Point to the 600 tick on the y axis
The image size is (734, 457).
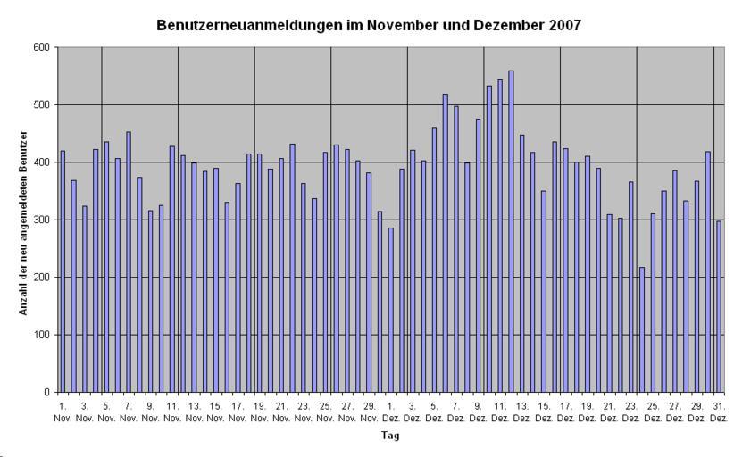pyautogui.click(x=43, y=47)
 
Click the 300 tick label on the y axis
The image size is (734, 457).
pyautogui.click(x=43, y=220)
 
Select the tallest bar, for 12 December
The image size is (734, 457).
pyautogui.click(x=511, y=231)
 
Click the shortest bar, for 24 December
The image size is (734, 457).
pyautogui.click(x=642, y=329)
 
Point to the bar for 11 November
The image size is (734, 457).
pyautogui.click(x=172, y=269)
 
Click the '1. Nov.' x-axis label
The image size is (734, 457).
pyautogui.click(x=63, y=411)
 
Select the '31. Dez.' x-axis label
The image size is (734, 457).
pyautogui.click(x=718, y=411)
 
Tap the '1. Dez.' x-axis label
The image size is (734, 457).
pyautogui.click(x=390, y=411)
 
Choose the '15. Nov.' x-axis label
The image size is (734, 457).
pyautogui.click(x=215, y=411)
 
